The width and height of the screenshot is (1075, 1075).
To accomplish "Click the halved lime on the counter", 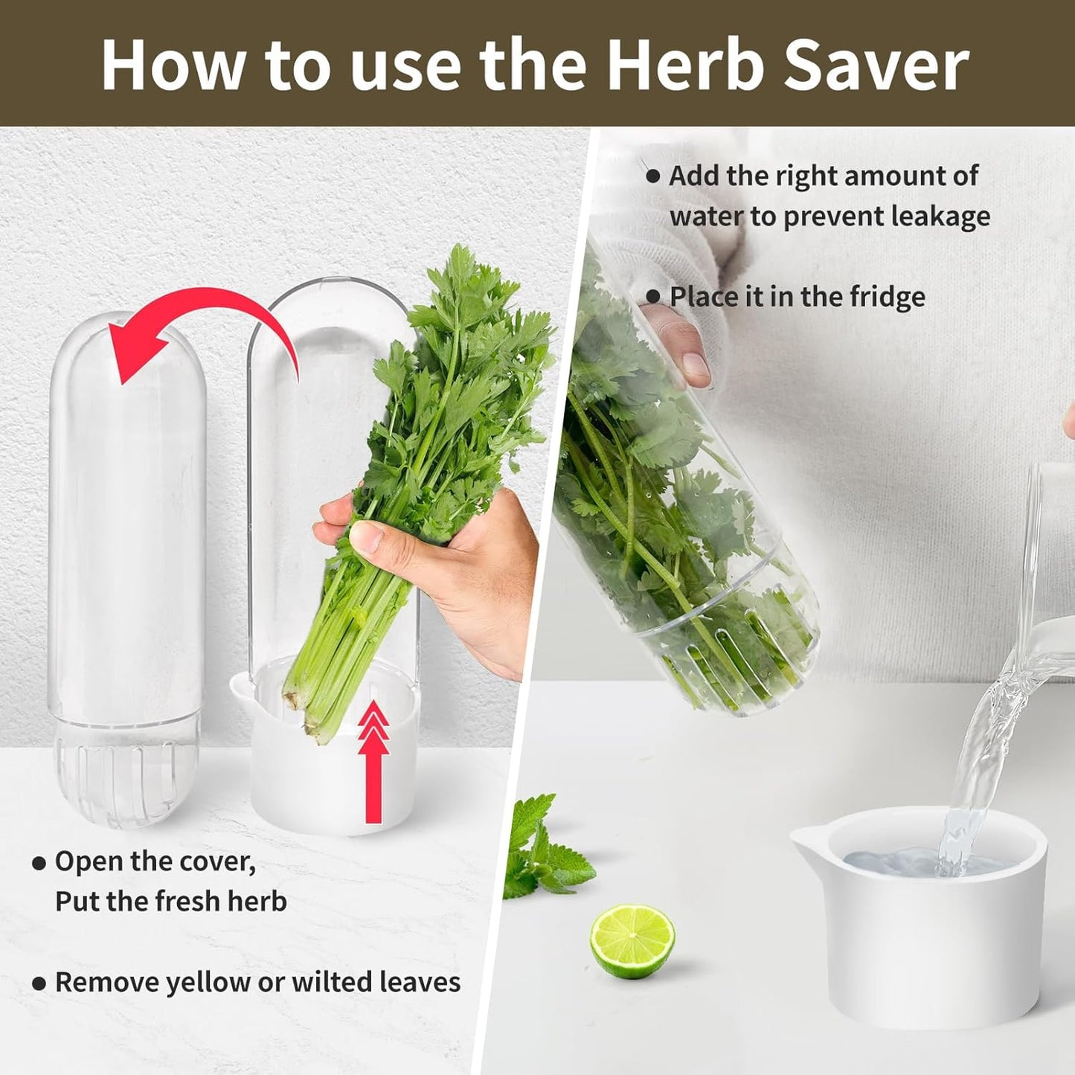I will (632, 941).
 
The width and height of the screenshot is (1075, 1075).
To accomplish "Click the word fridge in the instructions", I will (888, 297).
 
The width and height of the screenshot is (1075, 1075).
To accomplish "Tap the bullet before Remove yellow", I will (39, 983).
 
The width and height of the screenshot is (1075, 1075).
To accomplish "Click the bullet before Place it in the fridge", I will (653, 297).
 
